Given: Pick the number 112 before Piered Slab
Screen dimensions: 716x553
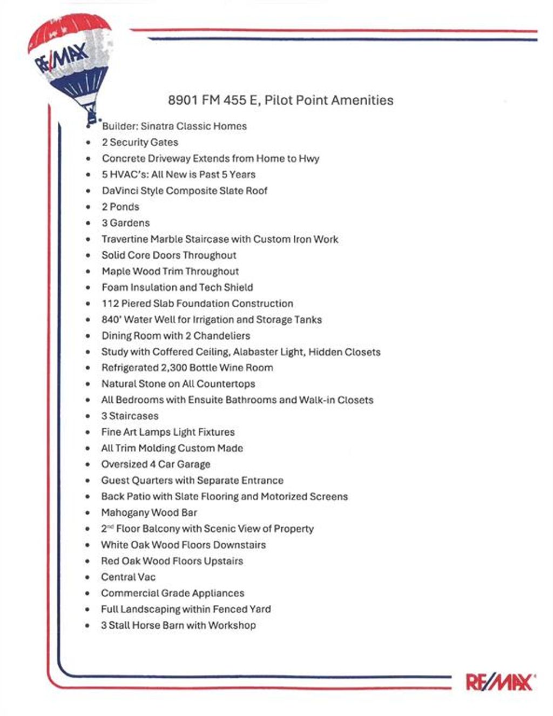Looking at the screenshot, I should click(110, 303).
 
